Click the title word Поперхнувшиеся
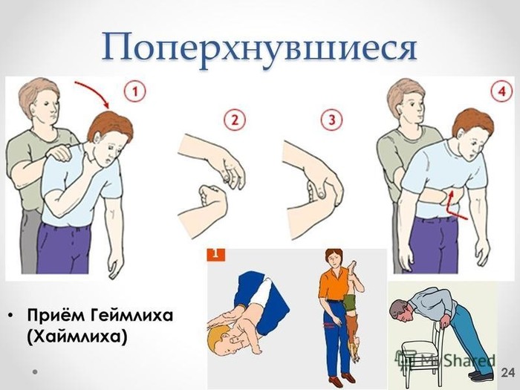[259, 50]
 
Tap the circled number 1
[135, 91]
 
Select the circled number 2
[235, 120]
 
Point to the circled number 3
[332, 120]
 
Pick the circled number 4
[502, 90]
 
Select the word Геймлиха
[131, 316]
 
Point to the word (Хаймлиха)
[77, 337]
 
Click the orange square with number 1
[216, 254]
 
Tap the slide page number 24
[507, 372]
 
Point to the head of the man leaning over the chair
[400, 311]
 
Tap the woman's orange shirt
[332, 285]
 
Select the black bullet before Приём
[11, 316]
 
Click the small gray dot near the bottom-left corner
[34, 372]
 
